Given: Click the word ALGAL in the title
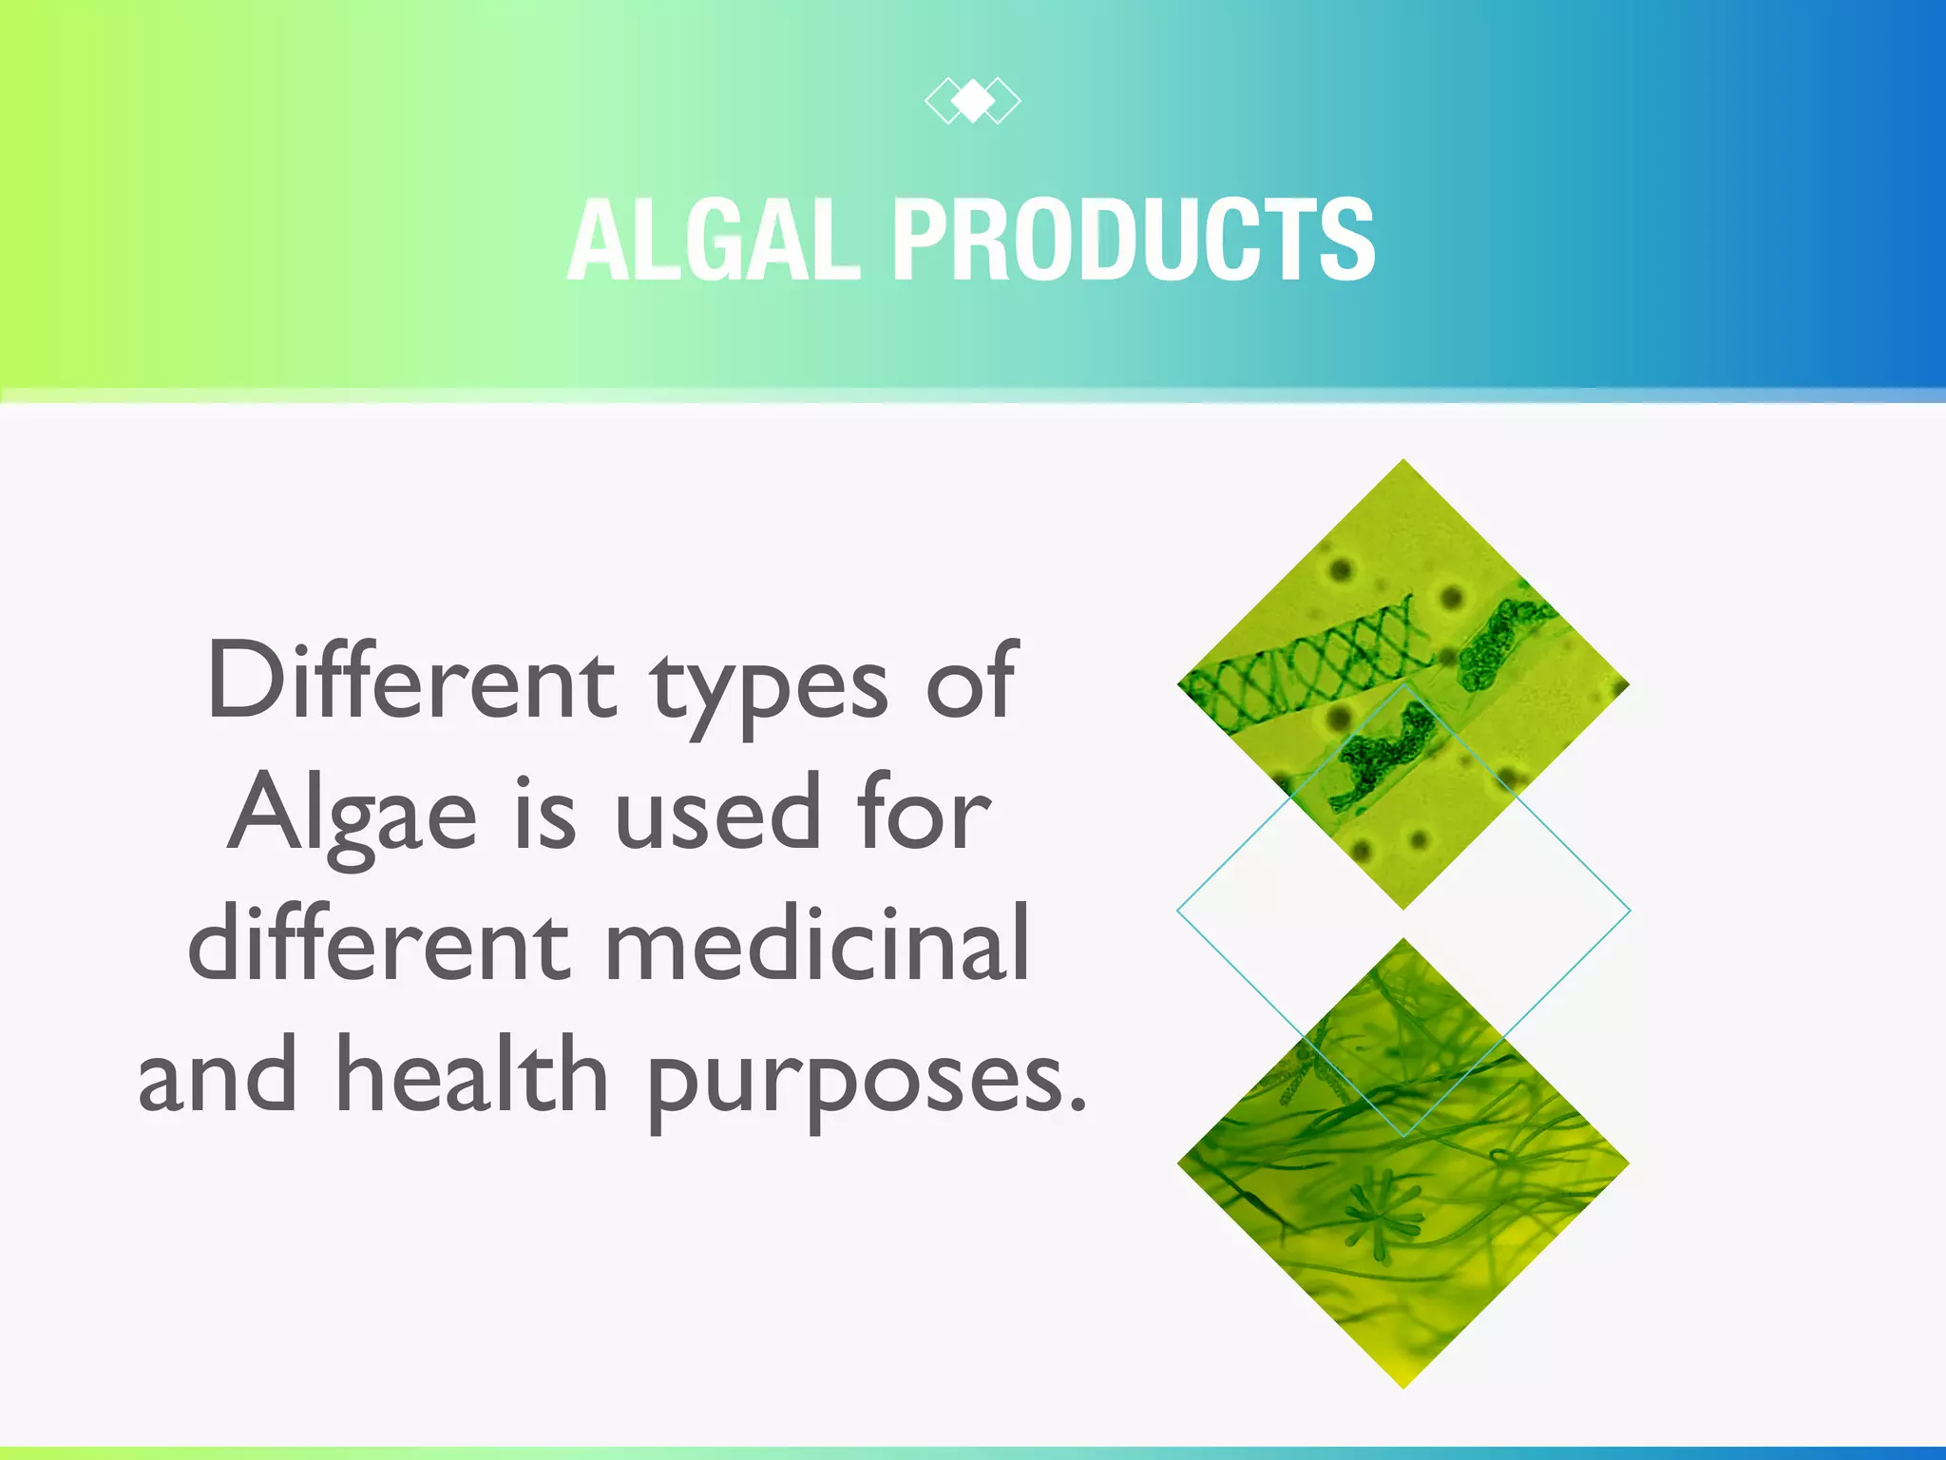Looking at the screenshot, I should pyautogui.click(x=713, y=240).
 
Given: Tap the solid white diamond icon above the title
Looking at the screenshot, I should pyautogui.click(x=973, y=101).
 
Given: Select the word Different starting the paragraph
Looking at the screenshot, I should pyautogui.click(x=411, y=682).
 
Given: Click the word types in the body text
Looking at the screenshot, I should pyautogui.click(x=770, y=689).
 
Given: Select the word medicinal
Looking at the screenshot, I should pyautogui.click(x=817, y=945).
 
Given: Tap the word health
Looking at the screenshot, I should pyautogui.click(x=472, y=1076).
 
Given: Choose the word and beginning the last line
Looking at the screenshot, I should pyautogui.click(x=217, y=1078).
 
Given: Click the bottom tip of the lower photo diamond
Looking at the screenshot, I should pyautogui.click(x=1403, y=1382).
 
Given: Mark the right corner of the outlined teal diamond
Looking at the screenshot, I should pyautogui.click(x=1627, y=911).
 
